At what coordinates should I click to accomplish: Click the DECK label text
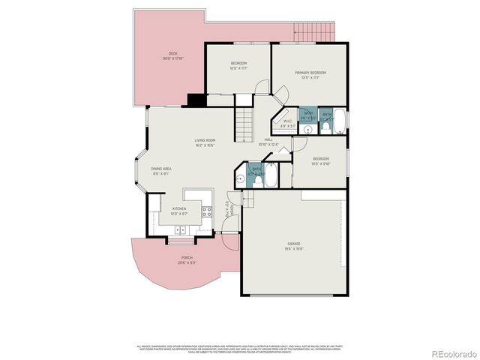click(x=173, y=53)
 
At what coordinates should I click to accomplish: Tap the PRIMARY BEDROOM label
click(x=310, y=73)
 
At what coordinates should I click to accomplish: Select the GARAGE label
click(x=293, y=244)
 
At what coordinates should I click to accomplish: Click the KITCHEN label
click(x=179, y=209)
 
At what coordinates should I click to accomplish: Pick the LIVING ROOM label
click(x=205, y=140)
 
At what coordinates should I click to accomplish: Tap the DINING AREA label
click(x=161, y=169)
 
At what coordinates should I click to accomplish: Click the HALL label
click(x=268, y=139)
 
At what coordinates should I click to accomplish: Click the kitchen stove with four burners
click(x=205, y=211)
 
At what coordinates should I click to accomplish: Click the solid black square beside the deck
click(x=196, y=100)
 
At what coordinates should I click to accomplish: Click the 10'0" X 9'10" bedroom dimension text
click(x=320, y=164)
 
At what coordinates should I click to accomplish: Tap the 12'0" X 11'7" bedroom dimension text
click(x=238, y=68)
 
